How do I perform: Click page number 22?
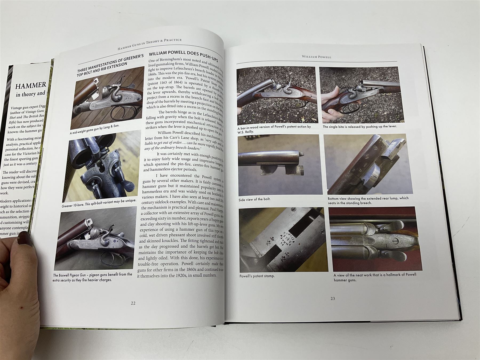[133, 303]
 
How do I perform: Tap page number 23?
[333, 298]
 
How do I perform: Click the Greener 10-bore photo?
[103, 166]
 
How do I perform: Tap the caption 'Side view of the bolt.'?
[254, 199]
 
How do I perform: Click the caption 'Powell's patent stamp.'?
[257, 276]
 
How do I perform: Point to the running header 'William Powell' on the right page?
[317, 57]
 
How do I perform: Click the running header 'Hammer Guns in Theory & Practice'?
[150, 44]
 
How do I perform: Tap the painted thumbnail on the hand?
[25, 238]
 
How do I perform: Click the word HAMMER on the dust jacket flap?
[31, 86]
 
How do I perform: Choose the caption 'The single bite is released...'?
[359, 126]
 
